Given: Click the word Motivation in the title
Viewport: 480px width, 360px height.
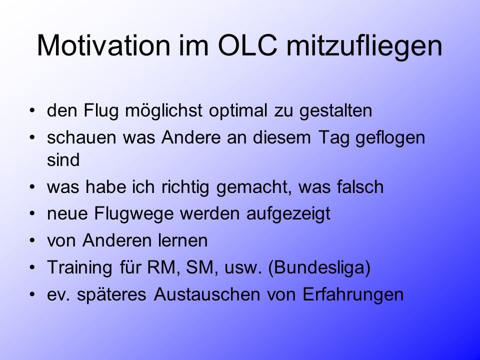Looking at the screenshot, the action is (x=103, y=45).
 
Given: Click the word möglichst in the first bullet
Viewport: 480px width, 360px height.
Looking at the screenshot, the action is (x=163, y=111).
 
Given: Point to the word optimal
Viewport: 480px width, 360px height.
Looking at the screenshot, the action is (x=238, y=111).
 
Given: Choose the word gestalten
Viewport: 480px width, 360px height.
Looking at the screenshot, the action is (x=335, y=111).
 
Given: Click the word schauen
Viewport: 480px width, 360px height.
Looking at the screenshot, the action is (x=81, y=137).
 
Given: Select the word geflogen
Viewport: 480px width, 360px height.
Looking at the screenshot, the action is (x=390, y=138).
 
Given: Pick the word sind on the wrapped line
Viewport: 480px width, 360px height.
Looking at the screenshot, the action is (x=63, y=160).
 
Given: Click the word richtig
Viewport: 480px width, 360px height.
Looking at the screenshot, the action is (x=185, y=187).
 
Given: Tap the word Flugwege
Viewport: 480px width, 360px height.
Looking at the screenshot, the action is (x=134, y=214).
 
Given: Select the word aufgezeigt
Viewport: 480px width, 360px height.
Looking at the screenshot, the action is (x=288, y=214).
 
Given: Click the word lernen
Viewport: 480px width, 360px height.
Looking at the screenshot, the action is (x=183, y=240).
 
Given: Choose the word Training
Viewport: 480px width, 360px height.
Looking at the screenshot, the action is (x=80, y=268).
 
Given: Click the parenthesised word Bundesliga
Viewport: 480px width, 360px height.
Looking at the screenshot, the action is (x=319, y=268).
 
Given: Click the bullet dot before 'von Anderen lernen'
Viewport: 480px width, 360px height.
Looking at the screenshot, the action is (x=32, y=241).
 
